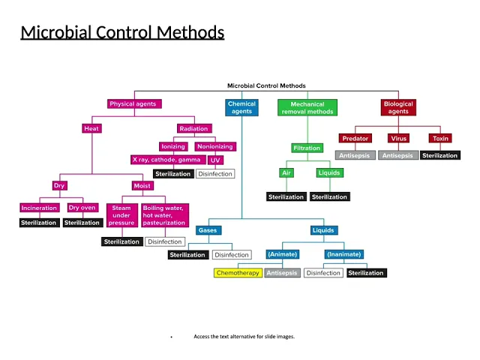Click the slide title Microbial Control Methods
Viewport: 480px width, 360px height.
click(x=122, y=32)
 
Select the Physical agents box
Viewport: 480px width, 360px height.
click(x=133, y=104)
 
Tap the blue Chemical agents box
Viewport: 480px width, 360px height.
click(x=241, y=108)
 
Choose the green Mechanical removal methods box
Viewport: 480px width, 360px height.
click(x=307, y=108)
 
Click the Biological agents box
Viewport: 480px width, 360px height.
click(x=398, y=108)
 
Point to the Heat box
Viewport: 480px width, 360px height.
click(x=91, y=128)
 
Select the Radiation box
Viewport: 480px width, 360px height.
click(x=193, y=128)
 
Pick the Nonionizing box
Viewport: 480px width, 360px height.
click(x=215, y=146)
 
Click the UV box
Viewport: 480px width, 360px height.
click(x=215, y=160)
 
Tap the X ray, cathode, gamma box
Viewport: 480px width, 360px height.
click(x=166, y=160)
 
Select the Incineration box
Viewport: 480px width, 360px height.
click(x=40, y=208)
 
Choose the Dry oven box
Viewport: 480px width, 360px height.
click(x=82, y=208)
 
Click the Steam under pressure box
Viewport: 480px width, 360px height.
click(x=121, y=215)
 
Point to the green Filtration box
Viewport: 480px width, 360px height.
click(x=307, y=148)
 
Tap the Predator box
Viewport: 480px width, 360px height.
click(x=355, y=139)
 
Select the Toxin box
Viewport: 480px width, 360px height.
click(x=441, y=139)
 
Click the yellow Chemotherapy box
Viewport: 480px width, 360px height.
click(x=238, y=273)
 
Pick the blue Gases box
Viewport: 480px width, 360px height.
click(x=208, y=230)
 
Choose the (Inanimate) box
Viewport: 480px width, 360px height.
click(x=344, y=254)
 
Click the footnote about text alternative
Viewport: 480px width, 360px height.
click(x=244, y=337)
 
